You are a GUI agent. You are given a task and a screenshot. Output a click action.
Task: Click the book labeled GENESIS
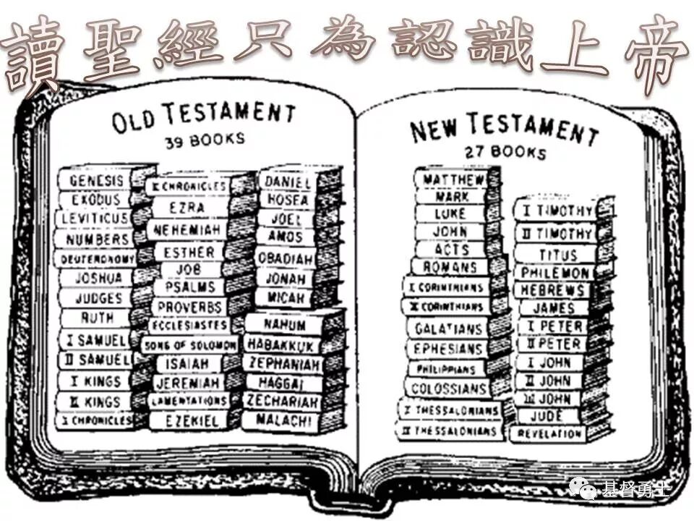click(95, 179)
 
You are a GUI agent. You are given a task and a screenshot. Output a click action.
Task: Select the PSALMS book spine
click(189, 287)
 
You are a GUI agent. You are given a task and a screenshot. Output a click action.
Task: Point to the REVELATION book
click(549, 433)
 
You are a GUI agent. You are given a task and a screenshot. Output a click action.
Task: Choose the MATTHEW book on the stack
click(454, 179)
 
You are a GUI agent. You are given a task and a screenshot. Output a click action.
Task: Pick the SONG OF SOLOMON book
click(189, 345)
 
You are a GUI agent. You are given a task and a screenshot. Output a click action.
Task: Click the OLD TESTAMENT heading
click(203, 116)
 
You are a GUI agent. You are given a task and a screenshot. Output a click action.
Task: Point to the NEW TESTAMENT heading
click(504, 130)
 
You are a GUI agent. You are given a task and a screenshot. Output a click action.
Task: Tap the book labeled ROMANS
click(450, 267)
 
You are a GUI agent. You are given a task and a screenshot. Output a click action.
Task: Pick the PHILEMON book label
click(554, 273)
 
